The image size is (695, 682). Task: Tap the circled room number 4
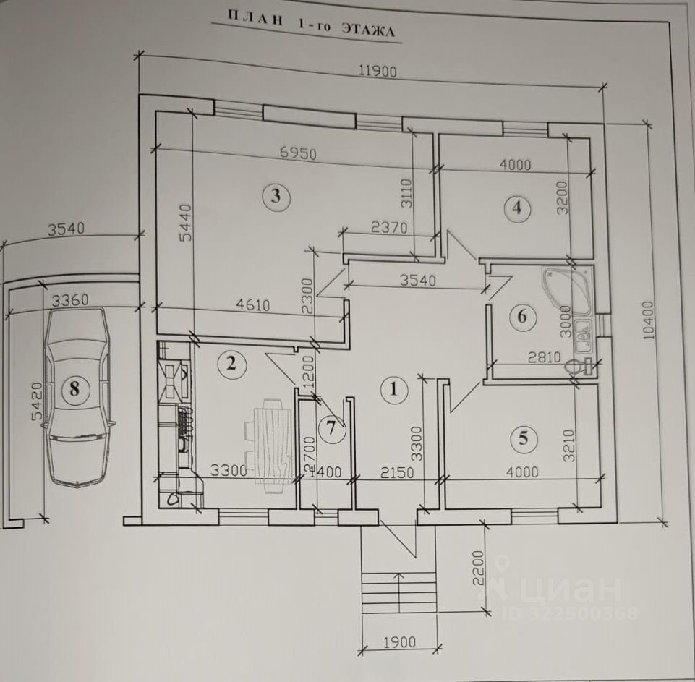(516, 208)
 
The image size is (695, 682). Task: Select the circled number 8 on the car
(73, 390)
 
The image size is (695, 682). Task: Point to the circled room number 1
(393, 390)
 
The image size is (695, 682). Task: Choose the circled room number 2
(231, 363)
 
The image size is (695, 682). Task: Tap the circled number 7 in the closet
(331, 427)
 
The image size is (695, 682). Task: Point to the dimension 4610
(252, 305)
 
